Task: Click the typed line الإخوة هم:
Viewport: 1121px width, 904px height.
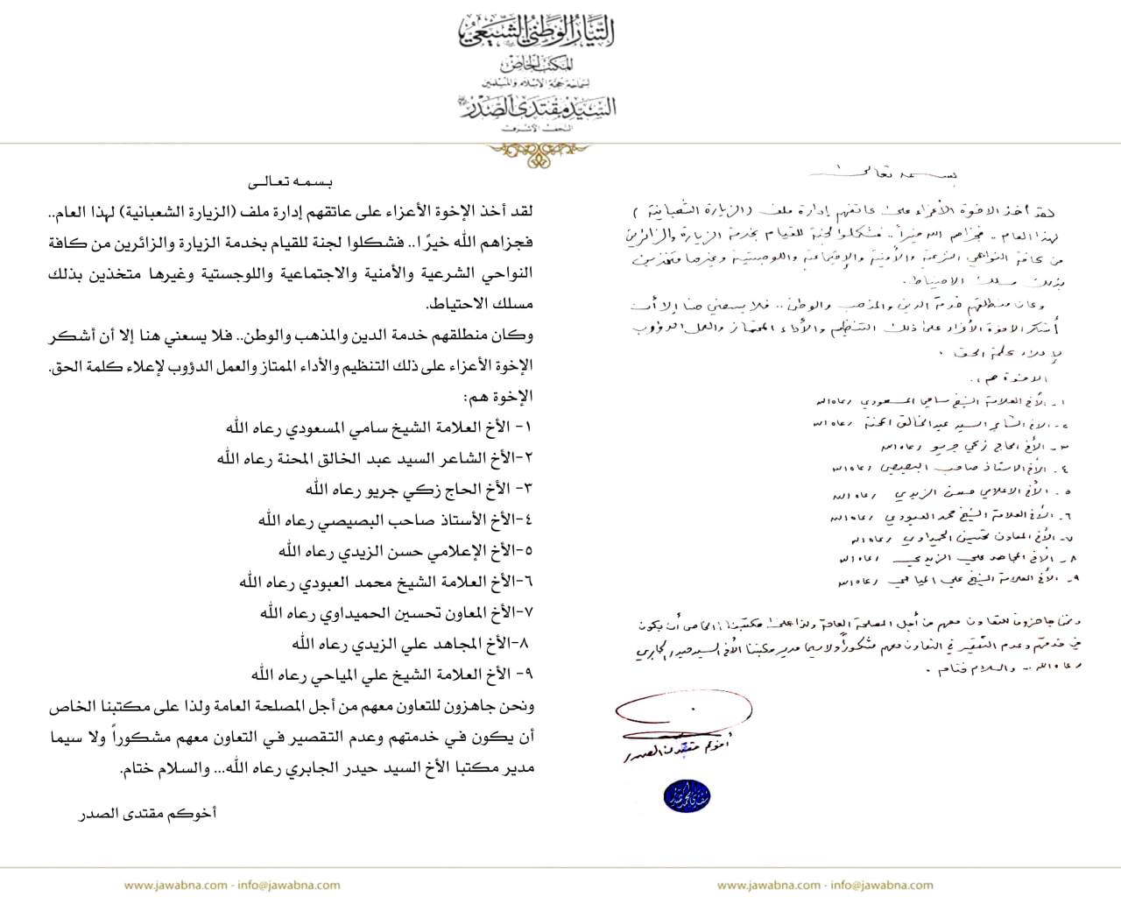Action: click(500, 396)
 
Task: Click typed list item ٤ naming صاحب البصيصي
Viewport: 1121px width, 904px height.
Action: click(395, 519)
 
